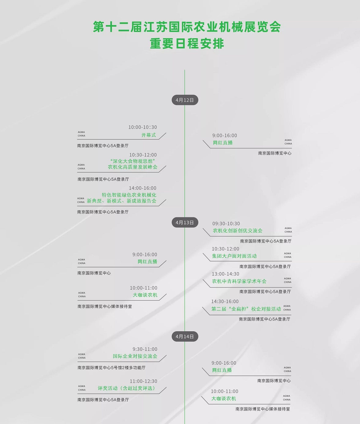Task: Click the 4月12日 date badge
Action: [x=185, y=100]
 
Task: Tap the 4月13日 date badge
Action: [x=185, y=222]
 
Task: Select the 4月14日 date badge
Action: [x=185, y=336]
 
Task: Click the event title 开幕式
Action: [x=149, y=135]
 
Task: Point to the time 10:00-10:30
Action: [x=143, y=127]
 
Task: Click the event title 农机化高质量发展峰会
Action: [x=132, y=167]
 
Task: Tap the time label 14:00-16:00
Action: [x=143, y=188]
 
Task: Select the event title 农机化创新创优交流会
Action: [x=238, y=231]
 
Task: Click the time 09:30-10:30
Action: [x=226, y=223]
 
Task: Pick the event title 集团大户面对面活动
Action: [x=234, y=256]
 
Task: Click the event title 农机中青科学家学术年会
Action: [x=239, y=281]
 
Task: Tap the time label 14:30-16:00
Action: [x=225, y=301]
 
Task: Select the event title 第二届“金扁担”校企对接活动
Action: [x=246, y=309]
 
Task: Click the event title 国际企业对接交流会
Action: [x=135, y=356]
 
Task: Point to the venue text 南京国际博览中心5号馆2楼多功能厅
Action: [x=111, y=368]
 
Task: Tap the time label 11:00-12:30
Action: [x=143, y=381]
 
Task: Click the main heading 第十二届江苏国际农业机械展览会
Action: [x=187, y=27]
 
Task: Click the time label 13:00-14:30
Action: [x=225, y=274]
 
